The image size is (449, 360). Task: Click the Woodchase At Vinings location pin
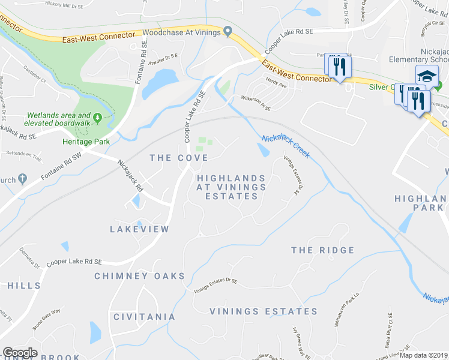tap(228, 32)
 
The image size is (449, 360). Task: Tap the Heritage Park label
tap(79, 142)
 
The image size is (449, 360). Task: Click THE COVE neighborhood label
tap(179, 158)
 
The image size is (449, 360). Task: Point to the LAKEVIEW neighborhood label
tap(140, 229)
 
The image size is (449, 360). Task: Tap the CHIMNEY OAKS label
tap(139, 276)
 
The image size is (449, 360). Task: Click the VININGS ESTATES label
tap(264, 311)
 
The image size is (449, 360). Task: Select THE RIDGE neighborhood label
tap(323, 250)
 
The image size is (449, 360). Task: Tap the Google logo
tap(20, 353)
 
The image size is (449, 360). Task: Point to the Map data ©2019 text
tap(424, 355)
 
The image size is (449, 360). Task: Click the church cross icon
tap(23, 179)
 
